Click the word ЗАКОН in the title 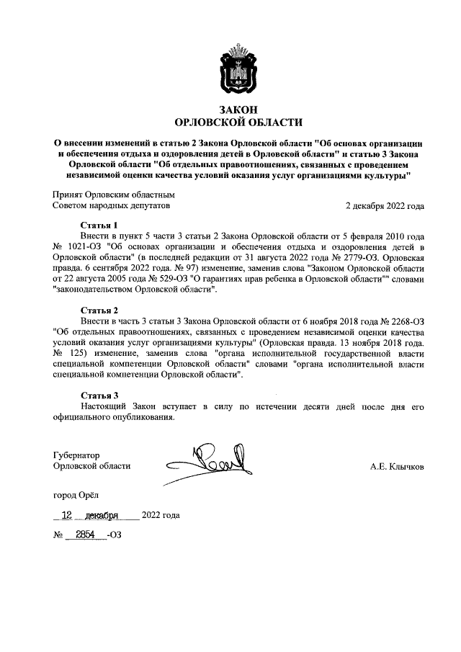click(230, 109)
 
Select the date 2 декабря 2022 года click(385, 205)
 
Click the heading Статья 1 click(99, 225)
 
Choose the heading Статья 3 click(99, 395)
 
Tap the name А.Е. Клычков click(397, 467)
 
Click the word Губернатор click(76, 455)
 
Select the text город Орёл click(77, 495)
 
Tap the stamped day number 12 click(67, 515)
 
